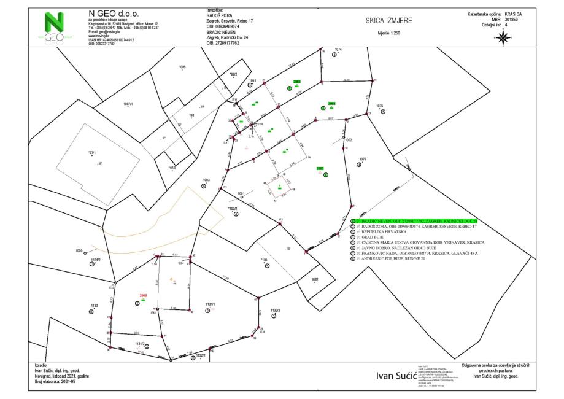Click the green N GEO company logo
coord(56,26)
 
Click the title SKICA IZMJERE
coord(388,20)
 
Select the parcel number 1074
coord(338,49)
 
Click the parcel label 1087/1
coord(128,104)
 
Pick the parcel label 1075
coord(380,106)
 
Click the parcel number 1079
coord(363,159)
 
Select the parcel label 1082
coord(315,279)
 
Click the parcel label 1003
coord(206,180)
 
